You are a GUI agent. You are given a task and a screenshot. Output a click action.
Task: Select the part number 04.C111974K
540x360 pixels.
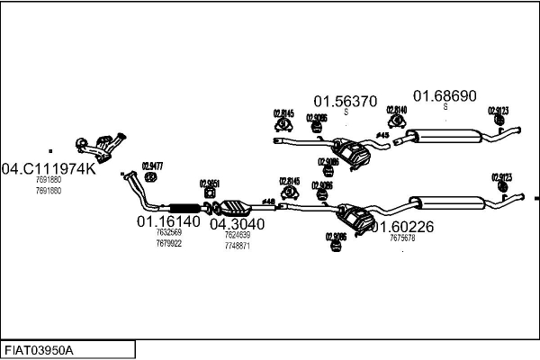(48, 168)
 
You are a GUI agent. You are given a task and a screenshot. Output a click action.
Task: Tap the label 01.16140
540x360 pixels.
(168, 221)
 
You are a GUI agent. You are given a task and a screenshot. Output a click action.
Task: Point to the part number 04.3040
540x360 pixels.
(238, 224)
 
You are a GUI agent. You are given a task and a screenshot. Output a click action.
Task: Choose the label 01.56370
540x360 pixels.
(345, 102)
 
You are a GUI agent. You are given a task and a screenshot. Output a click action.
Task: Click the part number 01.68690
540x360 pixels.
(445, 95)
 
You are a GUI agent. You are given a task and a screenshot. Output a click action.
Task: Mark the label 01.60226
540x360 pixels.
(402, 228)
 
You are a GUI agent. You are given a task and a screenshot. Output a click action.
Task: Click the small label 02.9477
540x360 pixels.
(152, 166)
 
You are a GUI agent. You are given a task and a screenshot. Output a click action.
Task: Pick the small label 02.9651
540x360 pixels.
(210, 183)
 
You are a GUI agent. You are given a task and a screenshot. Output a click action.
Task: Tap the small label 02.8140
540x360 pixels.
(396, 110)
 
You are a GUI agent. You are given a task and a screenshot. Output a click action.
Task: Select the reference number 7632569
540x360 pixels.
(168, 233)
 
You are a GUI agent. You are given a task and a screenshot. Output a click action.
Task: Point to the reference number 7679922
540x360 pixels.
(168, 244)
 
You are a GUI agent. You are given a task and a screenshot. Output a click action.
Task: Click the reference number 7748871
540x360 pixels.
(238, 246)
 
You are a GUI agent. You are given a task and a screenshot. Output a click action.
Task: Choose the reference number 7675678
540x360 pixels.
(402, 238)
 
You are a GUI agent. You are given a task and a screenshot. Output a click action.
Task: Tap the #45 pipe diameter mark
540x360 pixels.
(382, 135)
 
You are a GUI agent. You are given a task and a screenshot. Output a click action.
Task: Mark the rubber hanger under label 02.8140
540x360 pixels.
(396, 122)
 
